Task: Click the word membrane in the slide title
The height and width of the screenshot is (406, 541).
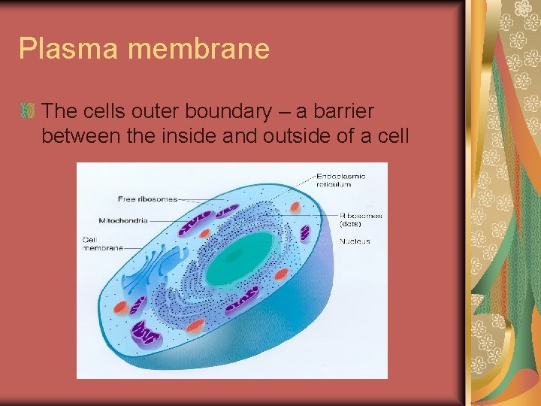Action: pyautogui.click(x=199, y=49)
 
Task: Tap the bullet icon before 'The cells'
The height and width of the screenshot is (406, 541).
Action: pyautogui.click(x=29, y=111)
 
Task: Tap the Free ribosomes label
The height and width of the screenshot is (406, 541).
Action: pyautogui.click(x=147, y=199)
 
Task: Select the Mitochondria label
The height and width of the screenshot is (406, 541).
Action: pyautogui.click(x=123, y=221)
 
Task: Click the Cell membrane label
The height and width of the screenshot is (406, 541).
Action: pyautogui.click(x=102, y=244)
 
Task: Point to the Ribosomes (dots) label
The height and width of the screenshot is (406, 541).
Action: pyautogui.click(x=360, y=220)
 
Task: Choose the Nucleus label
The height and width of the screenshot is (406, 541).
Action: pyautogui.click(x=354, y=241)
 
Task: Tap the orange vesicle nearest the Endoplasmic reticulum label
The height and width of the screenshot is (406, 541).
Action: pyautogui.click(x=295, y=206)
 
